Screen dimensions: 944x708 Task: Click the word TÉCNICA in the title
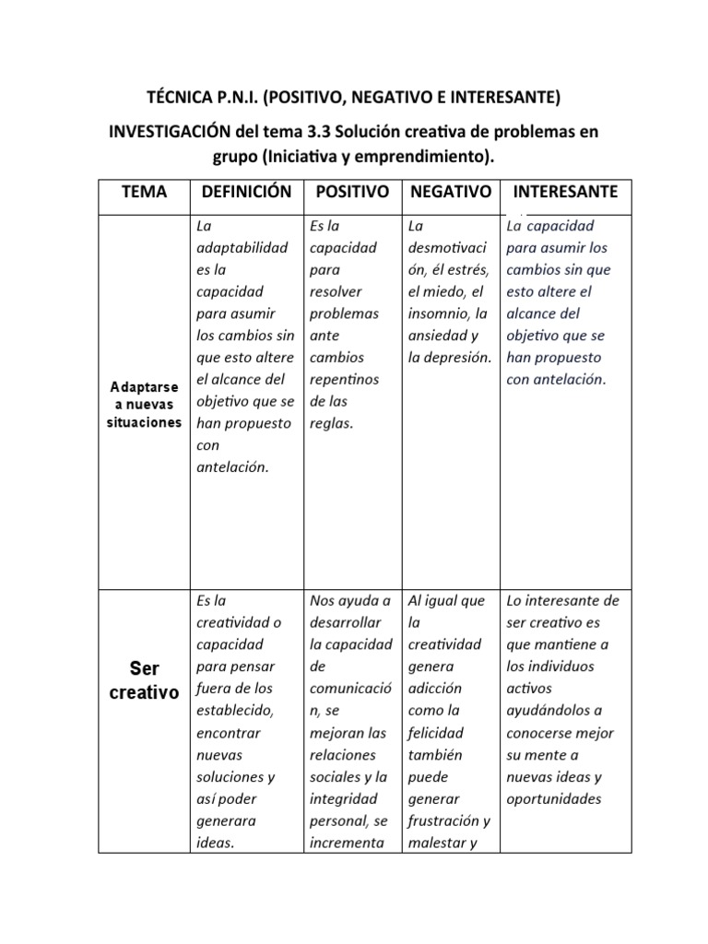(x=179, y=97)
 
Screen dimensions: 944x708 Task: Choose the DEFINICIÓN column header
(x=246, y=192)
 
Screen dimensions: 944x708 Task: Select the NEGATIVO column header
(x=450, y=192)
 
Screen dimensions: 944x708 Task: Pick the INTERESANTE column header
(x=565, y=192)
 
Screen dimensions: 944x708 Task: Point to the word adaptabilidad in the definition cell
(x=242, y=248)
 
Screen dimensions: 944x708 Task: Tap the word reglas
(x=332, y=423)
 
